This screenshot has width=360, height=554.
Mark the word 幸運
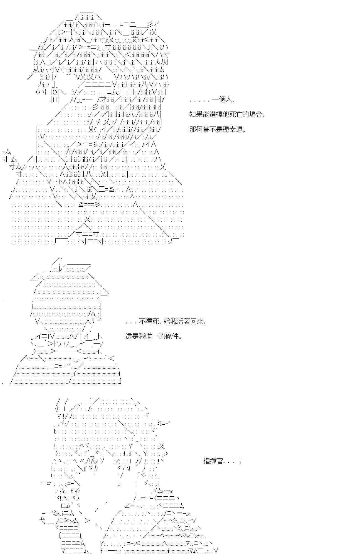pyautogui.click(x=236, y=129)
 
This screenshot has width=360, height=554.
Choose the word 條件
pyautogui.click(x=173, y=336)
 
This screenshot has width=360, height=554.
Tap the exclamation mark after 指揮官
pyautogui.click(x=240, y=461)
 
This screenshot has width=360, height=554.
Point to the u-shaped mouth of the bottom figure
pyautogui.click(x=119, y=484)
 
